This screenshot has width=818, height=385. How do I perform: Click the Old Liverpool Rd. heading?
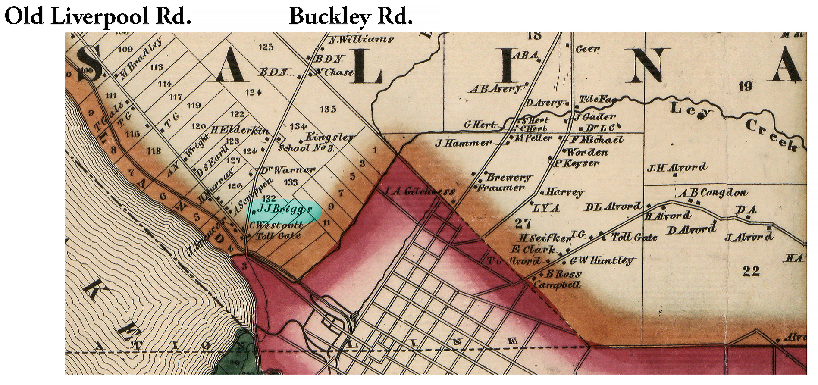(98, 16)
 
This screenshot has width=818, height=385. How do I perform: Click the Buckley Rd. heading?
(351, 16)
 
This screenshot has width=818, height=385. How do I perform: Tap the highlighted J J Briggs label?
(284, 210)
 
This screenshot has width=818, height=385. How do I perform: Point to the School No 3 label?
(306, 148)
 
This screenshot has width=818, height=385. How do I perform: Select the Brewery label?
(509, 177)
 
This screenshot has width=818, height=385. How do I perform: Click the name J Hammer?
(463, 143)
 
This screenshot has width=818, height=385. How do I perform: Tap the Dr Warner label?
(288, 170)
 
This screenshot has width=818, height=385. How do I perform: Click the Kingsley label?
(330, 138)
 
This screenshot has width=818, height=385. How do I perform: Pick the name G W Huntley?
(602, 260)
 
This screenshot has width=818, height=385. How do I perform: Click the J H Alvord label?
(677, 167)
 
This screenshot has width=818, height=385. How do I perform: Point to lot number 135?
(328, 109)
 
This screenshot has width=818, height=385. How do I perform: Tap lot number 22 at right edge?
(751, 271)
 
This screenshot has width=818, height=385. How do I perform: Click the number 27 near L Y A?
(523, 223)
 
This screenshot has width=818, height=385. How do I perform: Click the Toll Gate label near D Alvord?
(634, 237)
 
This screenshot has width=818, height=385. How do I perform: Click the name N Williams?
(360, 40)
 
